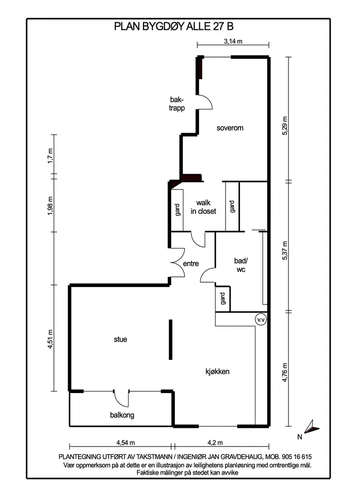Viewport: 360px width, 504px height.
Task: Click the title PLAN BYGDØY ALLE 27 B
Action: [x=173, y=26]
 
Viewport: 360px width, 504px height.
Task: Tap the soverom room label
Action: [x=230, y=128]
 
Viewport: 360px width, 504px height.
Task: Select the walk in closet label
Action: [x=203, y=207]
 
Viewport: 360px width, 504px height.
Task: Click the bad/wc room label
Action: [x=241, y=265]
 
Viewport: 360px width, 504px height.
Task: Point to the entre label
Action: [x=191, y=263]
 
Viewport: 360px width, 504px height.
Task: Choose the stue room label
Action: [x=121, y=339]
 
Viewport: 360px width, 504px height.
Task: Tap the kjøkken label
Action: [x=218, y=372]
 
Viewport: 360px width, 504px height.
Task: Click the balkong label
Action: [x=122, y=415]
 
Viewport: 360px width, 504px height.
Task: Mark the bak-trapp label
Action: [x=177, y=104]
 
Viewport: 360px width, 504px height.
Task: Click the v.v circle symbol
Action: [x=261, y=320]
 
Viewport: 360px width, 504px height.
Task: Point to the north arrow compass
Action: [x=311, y=427]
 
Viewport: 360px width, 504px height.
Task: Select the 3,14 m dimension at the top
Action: [x=233, y=41]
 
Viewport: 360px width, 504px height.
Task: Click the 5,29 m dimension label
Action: [x=285, y=125]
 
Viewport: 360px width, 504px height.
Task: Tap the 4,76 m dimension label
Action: [x=285, y=373]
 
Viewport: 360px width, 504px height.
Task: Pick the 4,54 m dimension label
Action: [x=126, y=443]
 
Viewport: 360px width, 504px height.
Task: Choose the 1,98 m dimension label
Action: [x=50, y=206]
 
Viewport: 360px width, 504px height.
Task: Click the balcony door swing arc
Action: [x=121, y=401]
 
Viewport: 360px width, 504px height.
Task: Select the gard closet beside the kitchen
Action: [x=223, y=299]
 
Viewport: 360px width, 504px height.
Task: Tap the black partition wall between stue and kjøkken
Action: [x=171, y=339]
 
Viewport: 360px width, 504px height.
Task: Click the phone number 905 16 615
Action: [x=297, y=457]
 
